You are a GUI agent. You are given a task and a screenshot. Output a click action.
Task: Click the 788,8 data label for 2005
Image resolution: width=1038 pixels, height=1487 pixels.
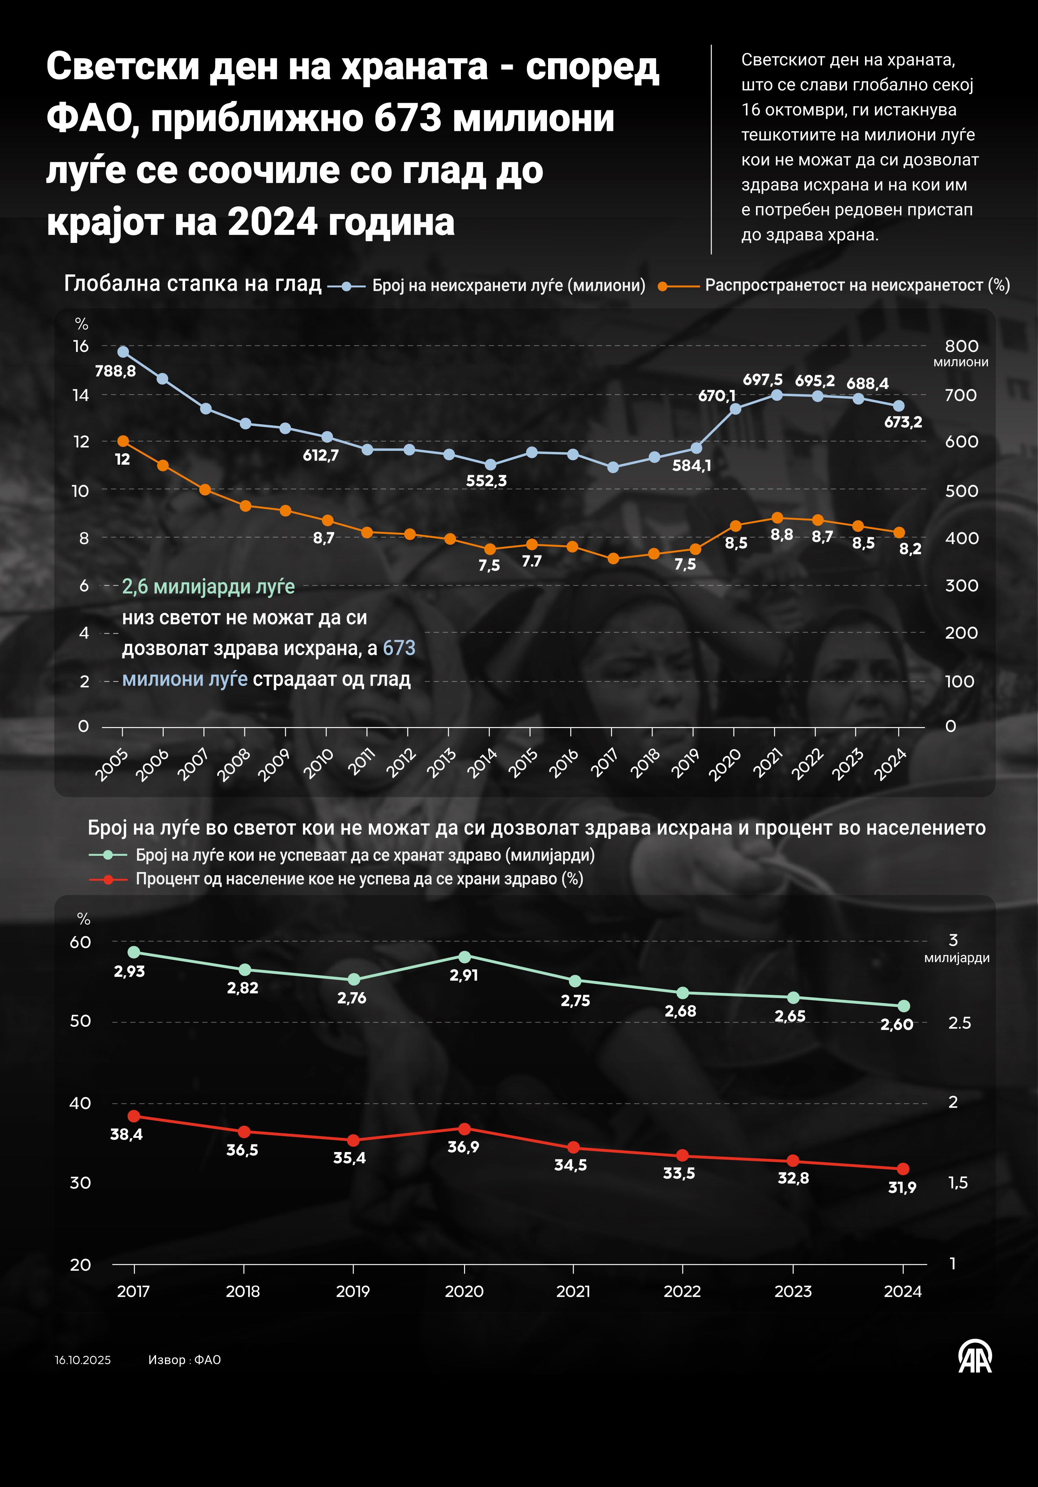(115, 371)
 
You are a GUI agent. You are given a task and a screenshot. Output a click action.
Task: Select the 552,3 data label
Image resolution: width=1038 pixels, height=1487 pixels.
(486, 481)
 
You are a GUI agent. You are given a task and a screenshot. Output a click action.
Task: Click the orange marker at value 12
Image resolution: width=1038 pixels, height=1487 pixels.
(123, 441)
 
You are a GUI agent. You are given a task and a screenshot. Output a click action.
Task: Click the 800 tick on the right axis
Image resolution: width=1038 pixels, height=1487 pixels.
(961, 346)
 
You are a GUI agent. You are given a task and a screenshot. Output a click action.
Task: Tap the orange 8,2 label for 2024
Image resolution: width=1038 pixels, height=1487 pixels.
(910, 549)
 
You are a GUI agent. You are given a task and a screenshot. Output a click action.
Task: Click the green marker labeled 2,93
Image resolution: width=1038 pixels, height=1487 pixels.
(134, 952)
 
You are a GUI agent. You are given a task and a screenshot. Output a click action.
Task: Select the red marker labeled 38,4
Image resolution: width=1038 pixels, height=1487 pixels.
(134, 1116)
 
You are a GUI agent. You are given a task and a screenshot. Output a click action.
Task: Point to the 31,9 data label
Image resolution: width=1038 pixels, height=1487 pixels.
(902, 1187)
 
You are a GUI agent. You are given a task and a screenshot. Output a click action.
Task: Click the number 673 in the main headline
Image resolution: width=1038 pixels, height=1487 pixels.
(408, 118)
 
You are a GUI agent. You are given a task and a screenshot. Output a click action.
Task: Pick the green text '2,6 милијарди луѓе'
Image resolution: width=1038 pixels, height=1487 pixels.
(209, 587)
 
